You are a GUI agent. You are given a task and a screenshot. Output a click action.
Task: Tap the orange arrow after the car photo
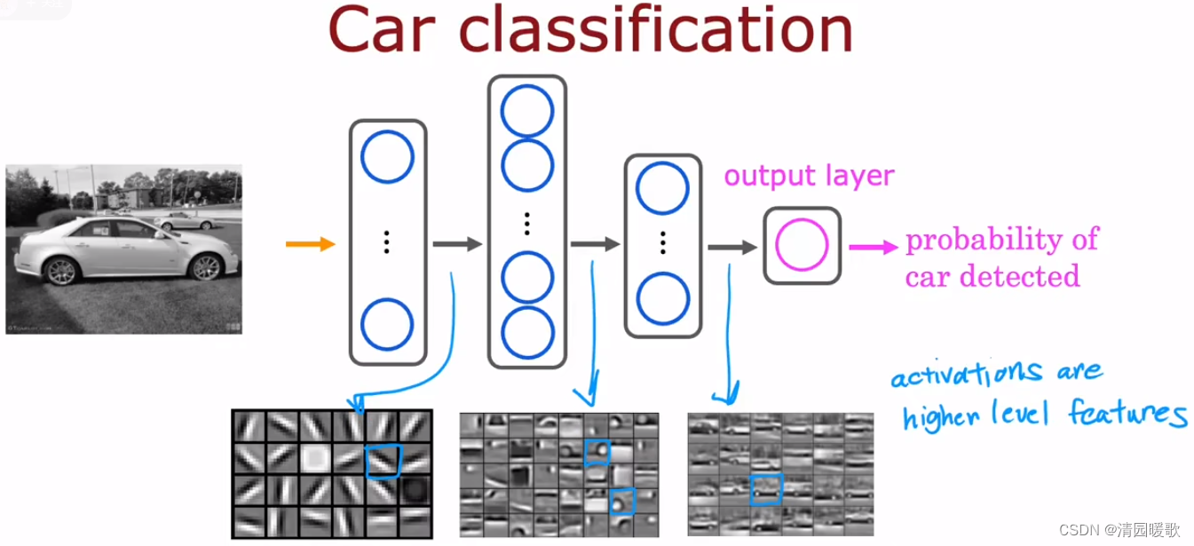tap(310, 243)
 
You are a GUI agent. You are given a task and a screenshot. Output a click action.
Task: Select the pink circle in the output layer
tap(802, 245)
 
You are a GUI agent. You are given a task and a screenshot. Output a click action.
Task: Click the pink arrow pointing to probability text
tap(873, 247)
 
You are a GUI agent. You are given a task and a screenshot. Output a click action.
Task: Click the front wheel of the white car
tap(206, 266)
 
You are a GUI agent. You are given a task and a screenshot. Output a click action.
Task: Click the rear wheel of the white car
tap(62, 270)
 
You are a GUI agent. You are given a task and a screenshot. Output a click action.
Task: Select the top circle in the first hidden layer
tap(387, 157)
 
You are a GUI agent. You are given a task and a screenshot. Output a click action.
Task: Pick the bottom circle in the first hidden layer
tap(387, 324)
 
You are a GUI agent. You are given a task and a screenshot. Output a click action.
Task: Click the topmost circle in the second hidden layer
tap(526, 113)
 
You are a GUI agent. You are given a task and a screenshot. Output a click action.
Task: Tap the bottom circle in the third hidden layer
tap(662, 299)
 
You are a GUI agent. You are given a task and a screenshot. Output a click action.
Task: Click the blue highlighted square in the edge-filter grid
tap(384, 459)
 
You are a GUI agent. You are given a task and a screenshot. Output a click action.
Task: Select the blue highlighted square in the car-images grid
tap(766, 489)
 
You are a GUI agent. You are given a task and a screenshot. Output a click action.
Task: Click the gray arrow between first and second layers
tap(457, 243)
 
